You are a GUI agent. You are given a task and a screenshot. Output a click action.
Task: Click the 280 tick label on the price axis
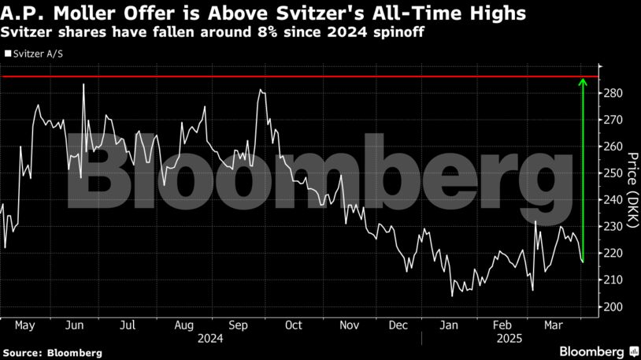[614, 93]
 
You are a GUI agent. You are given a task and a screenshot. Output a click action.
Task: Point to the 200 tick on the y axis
[614, 306]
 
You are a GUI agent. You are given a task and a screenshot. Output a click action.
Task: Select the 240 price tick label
[614, 200]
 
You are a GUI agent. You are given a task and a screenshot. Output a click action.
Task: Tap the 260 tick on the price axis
[614, 147]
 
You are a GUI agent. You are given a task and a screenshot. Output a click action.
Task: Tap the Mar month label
[552, 325]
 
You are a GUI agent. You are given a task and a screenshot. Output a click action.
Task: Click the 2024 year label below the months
[210, 338]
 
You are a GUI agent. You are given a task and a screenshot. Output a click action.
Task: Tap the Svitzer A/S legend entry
[36, 55]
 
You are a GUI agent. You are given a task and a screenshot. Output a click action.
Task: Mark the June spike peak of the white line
[83, 84]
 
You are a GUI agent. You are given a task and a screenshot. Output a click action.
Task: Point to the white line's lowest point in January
[452, 296]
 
